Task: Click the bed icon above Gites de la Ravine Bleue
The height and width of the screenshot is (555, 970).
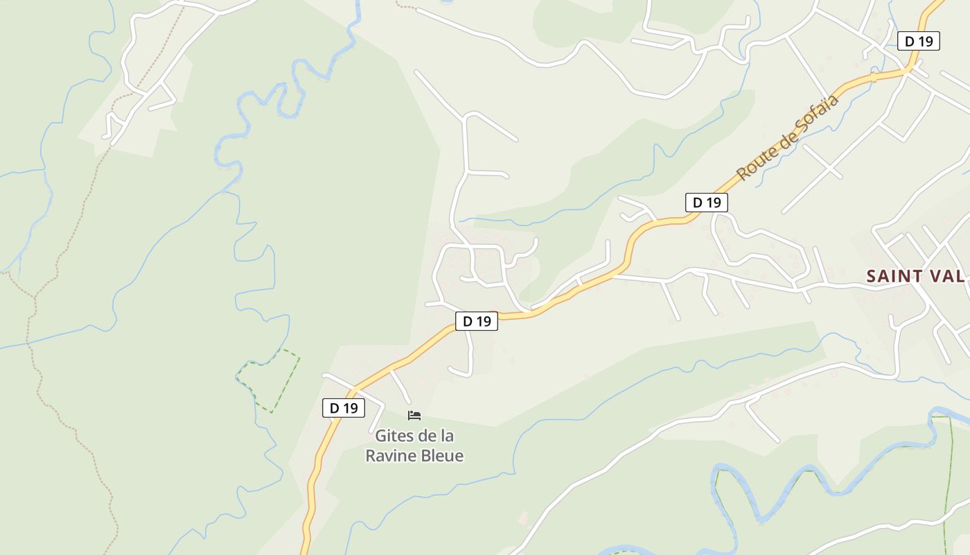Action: (x=414, y=416)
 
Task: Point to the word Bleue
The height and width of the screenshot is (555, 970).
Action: (x=440, y=456)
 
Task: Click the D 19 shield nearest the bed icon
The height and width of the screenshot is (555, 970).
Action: (x=344, y=408)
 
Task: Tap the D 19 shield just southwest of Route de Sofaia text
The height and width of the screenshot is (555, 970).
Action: (x=706, y=203)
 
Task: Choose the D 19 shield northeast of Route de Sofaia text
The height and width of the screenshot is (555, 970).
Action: (x=918, y=41)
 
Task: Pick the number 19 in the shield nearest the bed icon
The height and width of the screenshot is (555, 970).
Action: (x=351, y=408)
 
